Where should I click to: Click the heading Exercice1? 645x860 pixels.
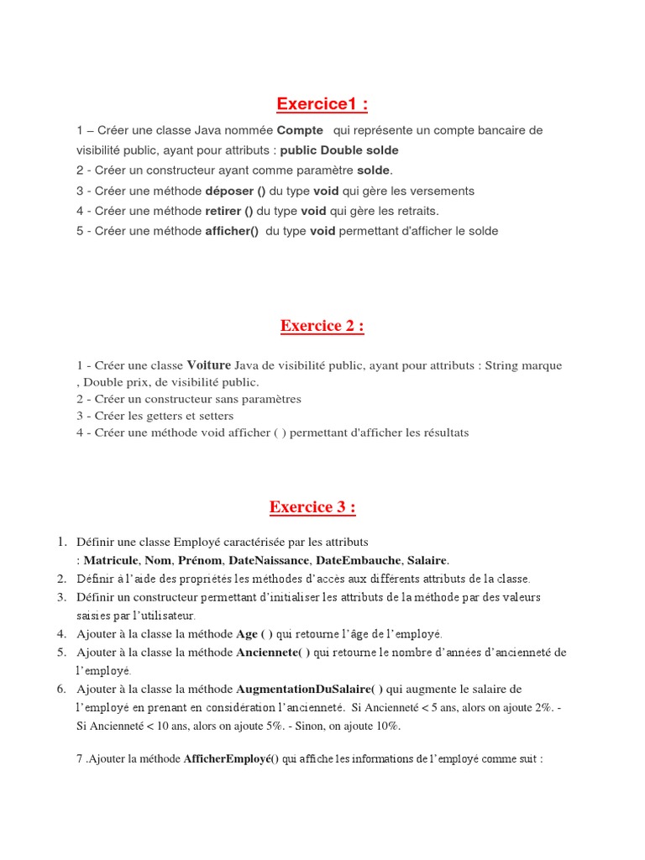(322, 104)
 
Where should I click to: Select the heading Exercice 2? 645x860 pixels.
(322, 326)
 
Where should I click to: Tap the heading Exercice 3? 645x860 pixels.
(312, 507)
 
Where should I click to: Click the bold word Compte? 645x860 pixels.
(300, 130)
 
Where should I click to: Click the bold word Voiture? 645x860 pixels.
(208, 365)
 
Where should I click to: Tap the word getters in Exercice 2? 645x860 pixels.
(164, 416)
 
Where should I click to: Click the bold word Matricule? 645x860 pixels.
(112, 560)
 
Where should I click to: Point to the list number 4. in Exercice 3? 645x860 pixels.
(61, 633)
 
